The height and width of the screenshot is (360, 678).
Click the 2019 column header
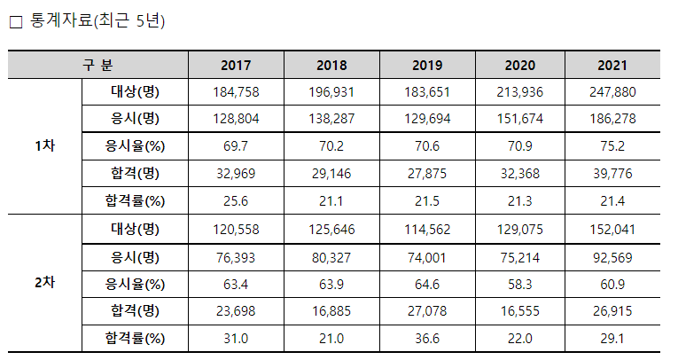pyautogui.click(x=427, y=66)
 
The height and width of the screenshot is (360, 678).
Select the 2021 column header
pyautogui.click(x=612, y=66)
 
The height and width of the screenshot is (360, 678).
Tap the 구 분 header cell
pyautogui.click(x=97, y=66)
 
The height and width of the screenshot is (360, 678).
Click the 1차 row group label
pyautogui.click(x=45, y=145)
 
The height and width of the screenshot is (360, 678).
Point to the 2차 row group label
pyautogui.click(x=45, y=283)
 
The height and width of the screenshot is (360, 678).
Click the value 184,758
pyautogui.click(x=236, y=92)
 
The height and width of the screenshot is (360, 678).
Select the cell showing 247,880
pyautogui.click(x=612, y=92)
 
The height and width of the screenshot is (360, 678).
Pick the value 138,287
pyautogui.click(x=331, y=119)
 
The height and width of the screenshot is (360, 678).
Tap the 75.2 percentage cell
pyautogui.click(x=612, y=146)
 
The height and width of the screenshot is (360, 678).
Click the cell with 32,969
pyautogui.click(x=236, y=174)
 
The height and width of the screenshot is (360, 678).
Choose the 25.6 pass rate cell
pyautogui.click(x=236, y=201)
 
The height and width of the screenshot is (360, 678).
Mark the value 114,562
pyautogui.click(x=427, y=230)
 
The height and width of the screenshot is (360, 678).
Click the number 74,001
pyautogui.click(x=427, y=258)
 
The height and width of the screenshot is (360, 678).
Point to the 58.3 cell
pyautogui.click(x=519, y=285)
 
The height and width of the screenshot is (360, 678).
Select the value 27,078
pyautogui.click(x=427, y=311)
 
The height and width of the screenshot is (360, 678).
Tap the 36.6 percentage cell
pyautogui.click(x=427, y=339)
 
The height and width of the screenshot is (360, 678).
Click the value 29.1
pyautogui.click(x=612, y=339)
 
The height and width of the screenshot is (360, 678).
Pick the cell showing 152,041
pyautogui.click(x=612, y=230)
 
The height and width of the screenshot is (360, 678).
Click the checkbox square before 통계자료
pyautogui.click(x=16, y=22)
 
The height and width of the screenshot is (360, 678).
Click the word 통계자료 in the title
pyautogui.click(x=61, y=20)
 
